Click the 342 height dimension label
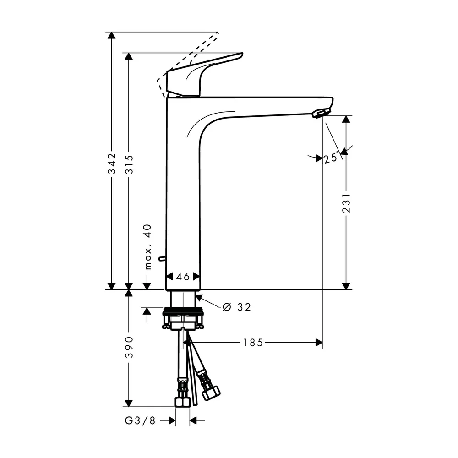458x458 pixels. click(112, 164)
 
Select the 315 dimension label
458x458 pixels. click(129, 164)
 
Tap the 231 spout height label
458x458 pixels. click(346, 202)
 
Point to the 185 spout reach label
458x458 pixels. click(253, 342)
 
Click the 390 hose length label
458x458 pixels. click(129, 347)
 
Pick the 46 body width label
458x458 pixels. click(183, 276)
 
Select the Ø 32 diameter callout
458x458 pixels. click(237, 307)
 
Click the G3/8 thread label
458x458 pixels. click(140, 420)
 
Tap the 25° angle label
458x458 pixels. click(332, 158)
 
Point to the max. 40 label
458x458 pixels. click(148, 247)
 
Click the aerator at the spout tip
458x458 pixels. click(321, 113)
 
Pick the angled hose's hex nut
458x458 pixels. click(211, 393)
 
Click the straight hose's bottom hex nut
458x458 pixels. click(183, 402)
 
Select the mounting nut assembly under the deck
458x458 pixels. click(183, 318)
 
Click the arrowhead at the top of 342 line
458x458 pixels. click(112, 35)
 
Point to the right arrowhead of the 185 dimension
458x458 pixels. click(319, 342)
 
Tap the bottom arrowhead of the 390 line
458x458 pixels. click(129, 403)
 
